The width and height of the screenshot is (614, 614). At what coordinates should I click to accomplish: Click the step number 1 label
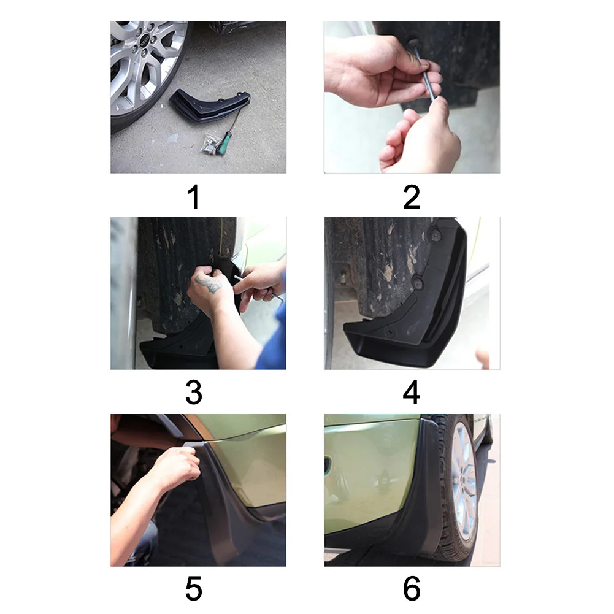193,198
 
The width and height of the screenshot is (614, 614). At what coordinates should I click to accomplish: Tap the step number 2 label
412,198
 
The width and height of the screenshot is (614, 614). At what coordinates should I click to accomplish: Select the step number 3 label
193,393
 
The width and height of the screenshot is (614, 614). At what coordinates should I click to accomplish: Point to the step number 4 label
412,393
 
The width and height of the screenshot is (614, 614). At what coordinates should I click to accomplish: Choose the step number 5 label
193,588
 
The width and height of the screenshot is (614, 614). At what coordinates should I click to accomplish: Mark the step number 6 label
412,588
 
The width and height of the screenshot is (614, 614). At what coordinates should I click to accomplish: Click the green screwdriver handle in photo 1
224,144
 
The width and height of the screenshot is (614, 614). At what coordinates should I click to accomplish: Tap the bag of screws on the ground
210,145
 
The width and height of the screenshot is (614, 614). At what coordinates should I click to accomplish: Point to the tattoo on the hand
209,284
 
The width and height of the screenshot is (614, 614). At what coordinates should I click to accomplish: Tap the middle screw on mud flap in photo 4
418,282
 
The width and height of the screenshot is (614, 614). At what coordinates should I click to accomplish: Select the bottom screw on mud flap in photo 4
390,332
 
